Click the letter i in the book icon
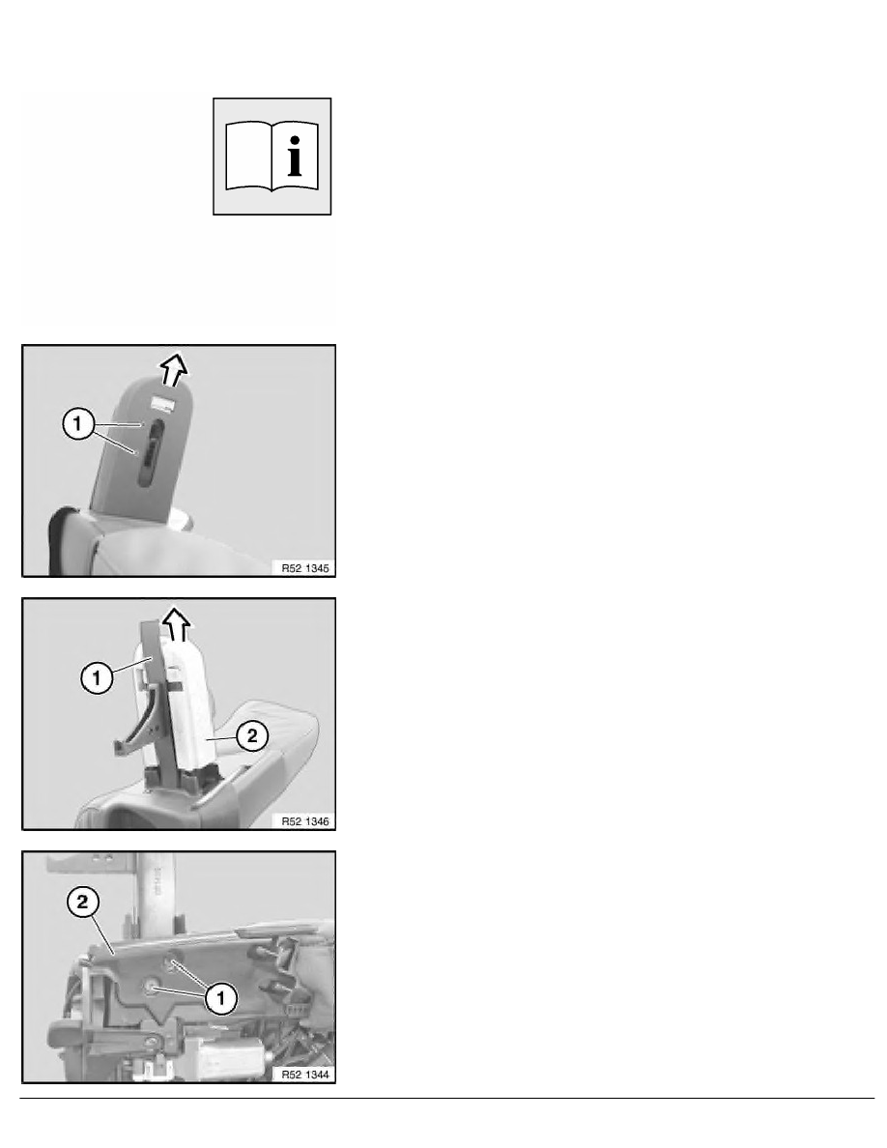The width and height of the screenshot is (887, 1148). pos(295,156)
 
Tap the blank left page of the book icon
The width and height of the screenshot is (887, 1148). pos(248,156)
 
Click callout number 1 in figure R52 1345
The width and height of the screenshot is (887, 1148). pos(78,424)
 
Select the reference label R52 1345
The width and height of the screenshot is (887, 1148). pos(305,567)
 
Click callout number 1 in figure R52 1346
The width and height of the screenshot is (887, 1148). pos(96,678)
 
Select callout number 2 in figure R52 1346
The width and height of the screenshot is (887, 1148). pos(252,735)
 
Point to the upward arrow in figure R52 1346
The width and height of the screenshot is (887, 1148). pos(177,624)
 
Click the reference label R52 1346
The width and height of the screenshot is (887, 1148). pos(305,820)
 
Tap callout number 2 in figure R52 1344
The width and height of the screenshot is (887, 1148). pos(82,902)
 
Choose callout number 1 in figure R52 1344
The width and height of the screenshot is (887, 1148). pos(221,998)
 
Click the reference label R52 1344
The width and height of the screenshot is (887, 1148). pos(305,1074)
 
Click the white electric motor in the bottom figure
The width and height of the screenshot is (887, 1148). pos(228,1055)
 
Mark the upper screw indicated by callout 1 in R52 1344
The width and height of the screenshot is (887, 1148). pos(173,964)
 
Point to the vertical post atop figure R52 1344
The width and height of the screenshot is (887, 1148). pos(155,893)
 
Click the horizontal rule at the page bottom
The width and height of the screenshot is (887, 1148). pos(447,1098)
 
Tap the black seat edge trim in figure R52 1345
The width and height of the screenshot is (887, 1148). pos(59,538)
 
